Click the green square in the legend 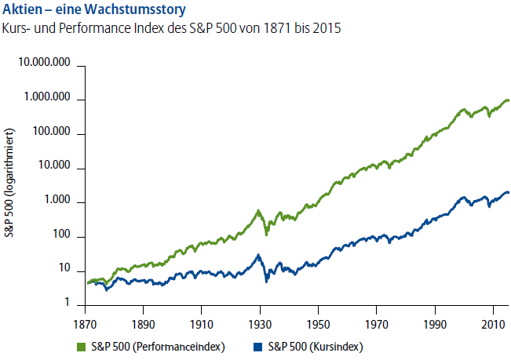click(x=80, y=346)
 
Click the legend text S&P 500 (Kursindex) click(x=315, y=346)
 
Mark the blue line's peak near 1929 click(x=258, y=255)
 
